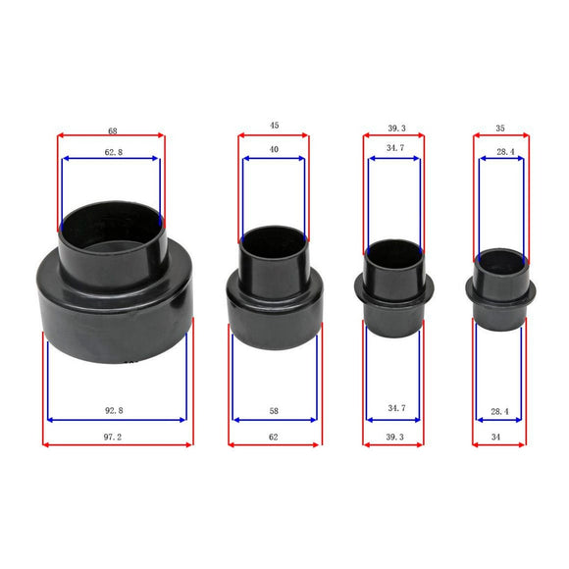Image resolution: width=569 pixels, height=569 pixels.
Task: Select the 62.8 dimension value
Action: pyautogui.click(x=111, y=152)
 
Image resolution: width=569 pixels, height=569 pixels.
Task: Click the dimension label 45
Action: pyautogui.click(x=274, y=126)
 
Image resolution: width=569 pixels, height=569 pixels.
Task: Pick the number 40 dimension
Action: pyautogui.click(x=273, y=149)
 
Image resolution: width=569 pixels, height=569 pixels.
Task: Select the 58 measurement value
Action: pyautogui.click(x=274, y=410)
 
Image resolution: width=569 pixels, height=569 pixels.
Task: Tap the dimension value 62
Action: pyautogui.click(x=274, y=435)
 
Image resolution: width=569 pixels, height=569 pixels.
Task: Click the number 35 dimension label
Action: pyautogui.click(x=500, y=128)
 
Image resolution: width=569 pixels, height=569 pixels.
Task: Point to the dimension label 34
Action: pyautogui.click(x=499, y=435)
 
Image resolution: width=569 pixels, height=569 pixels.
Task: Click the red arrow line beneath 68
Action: pyautogui.click(x=111, y=135)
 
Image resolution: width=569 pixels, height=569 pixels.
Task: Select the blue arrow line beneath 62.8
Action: pyautogui.click(x=111, y=159)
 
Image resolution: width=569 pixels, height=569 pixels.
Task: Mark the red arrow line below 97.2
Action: pyautogui.click(x=118, y=443)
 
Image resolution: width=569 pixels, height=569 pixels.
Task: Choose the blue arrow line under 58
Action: pyautogui.click(x=274, y=420)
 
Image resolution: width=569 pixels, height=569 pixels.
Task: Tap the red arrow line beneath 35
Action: pyautogui.click(x=500, y=135)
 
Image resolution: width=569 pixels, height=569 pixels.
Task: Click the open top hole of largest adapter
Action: pyautogui.click(x=111, y=221)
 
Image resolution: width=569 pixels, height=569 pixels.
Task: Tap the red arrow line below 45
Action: pyautogui.click(x=274, y=135)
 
